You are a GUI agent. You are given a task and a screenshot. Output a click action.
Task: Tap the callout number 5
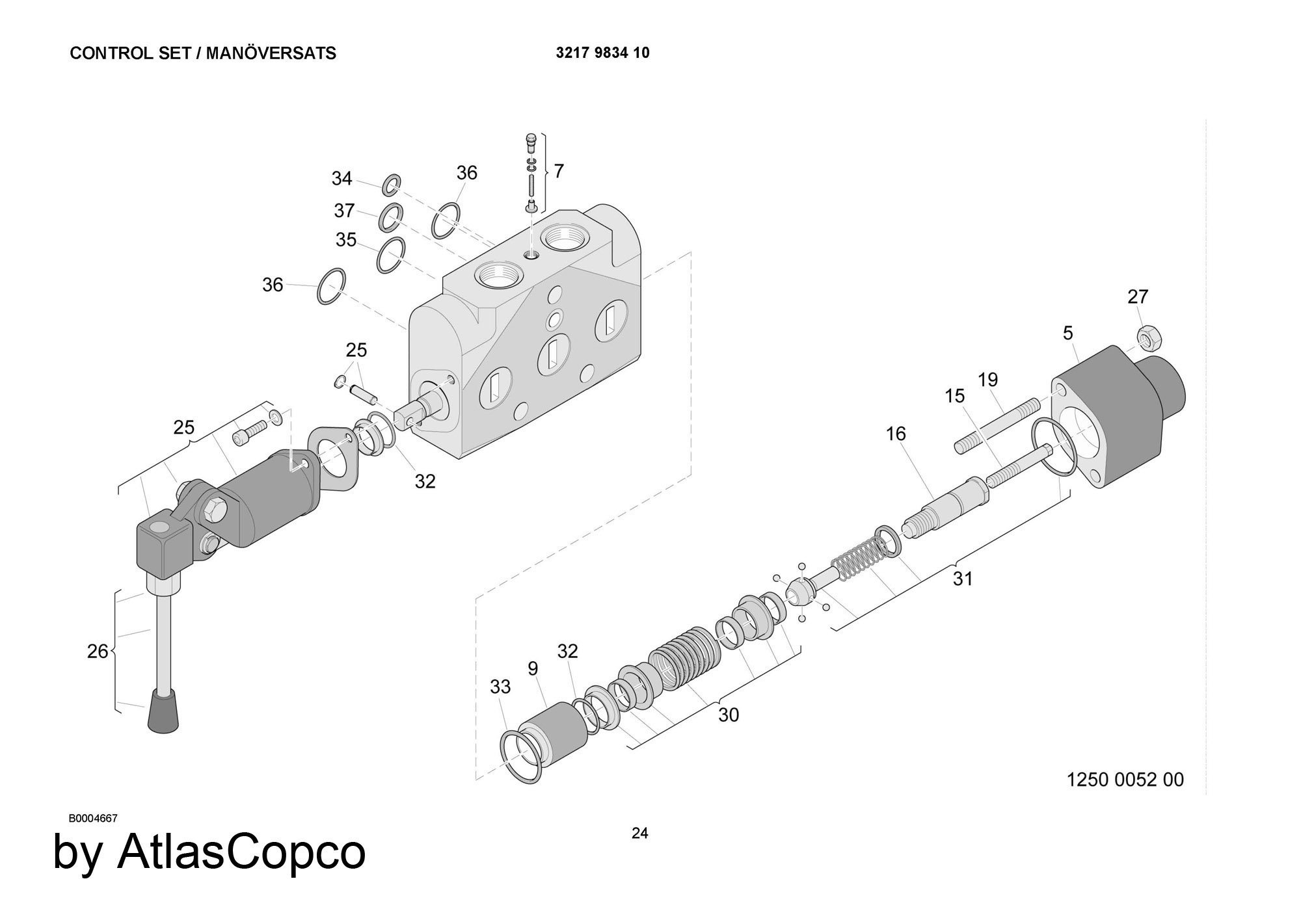pyautogui.click(x=1067, y=334)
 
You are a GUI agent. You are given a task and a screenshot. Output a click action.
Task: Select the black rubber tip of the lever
pyautogui.click(x=163, y=712)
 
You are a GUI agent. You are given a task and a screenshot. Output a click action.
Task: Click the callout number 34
pyautogui.click(x=342, y=178)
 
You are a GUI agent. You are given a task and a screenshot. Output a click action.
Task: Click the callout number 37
pyautogui.click(x=344, y=211)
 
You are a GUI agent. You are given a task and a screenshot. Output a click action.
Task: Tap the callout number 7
pyautogui.click(x=558, y=171)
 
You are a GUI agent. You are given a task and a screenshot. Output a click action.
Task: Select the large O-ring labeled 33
pyautogui.click(x=521, y=757)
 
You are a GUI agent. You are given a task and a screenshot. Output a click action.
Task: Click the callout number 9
pyautogui.click(x=533, y=668)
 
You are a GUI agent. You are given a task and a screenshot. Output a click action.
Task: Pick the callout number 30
pyautogui.click(x=729, y=715)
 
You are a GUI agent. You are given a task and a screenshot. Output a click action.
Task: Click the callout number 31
pyautogui.click(x=963, y=578)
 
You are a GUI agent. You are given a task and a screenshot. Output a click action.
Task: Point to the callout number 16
pyautogui.click(x=896, y=433)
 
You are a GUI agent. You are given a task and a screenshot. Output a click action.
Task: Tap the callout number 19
pyautogui.click(x=987, y=379)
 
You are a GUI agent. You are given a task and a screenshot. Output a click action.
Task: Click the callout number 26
pyautogui.click(x=98, y=651)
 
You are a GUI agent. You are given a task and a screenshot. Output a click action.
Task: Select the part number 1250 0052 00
pyautogui.click(x=1125, y=780)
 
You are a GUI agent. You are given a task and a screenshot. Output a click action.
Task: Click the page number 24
pyautogui.click(x=639, y=833)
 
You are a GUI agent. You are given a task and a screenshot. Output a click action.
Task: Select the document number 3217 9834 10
pyautogui.click(x=602, y=53)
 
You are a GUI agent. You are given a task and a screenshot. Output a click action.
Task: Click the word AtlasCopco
pyautogui.click(x=241, y=851)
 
